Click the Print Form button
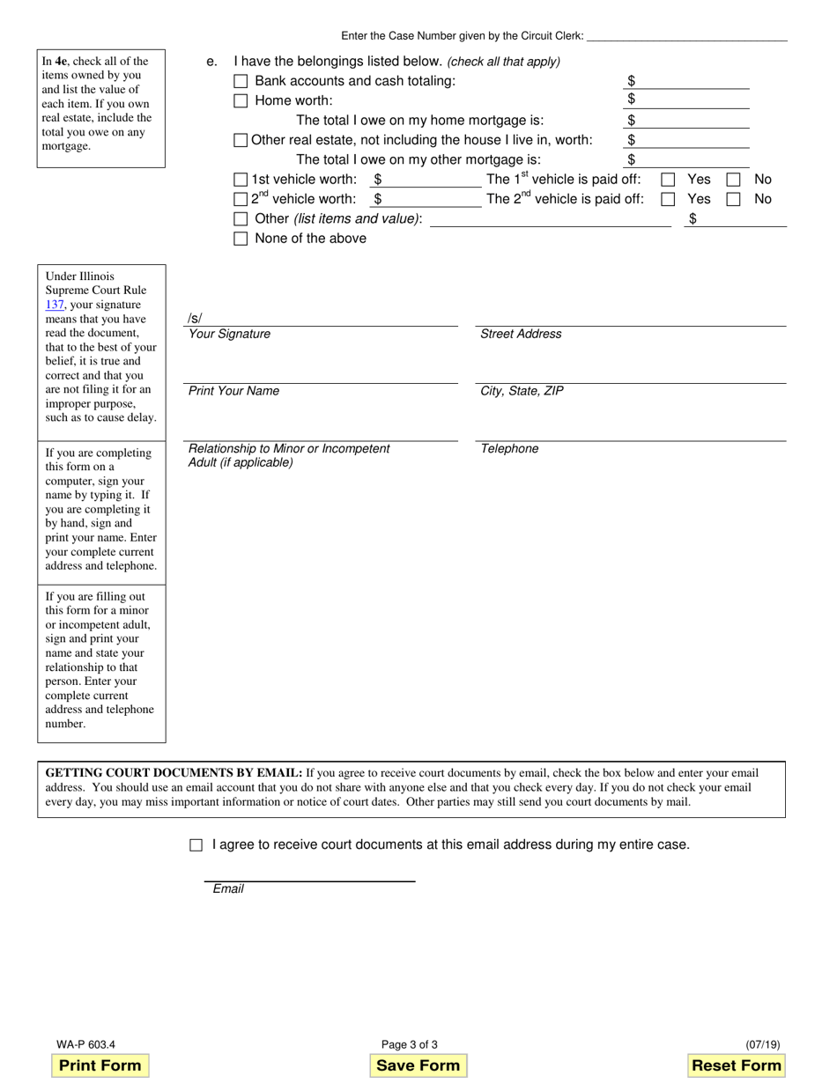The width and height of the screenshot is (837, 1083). [x=100, y=1065]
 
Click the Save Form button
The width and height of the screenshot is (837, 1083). [x=418, y=1065]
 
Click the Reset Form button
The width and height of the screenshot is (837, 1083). [x=737, y=1065]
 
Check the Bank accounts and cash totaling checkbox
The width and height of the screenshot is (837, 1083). [x=241, y=81]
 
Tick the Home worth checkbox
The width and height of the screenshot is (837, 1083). [x=241, y=101]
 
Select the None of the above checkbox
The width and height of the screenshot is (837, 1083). [x=241, y=239]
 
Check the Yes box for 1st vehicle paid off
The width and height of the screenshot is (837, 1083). [x=668, y=180]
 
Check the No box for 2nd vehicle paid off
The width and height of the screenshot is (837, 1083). [x=733, y=200]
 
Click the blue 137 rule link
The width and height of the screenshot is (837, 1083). [x=55, y=305]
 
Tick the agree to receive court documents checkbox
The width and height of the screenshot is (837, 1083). [x=196, y=845]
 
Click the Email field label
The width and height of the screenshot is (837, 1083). [x=228, y=889]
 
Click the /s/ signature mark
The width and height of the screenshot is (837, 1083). [x=195, y=319]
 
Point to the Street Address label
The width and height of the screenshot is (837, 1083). [x=521, y=335]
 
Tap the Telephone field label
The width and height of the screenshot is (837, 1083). [x=509, y=449]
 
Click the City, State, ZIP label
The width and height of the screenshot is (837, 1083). [x=522, y=392]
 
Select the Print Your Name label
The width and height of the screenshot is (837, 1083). [x=233, y=392]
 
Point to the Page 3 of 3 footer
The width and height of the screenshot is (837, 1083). [x=410, y=1045]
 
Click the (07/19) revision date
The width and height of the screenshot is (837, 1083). [x=762, y=1045]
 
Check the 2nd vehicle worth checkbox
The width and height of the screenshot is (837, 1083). [x=241, y=200]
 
